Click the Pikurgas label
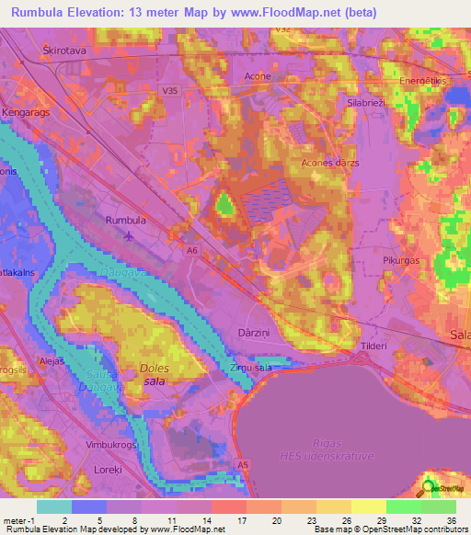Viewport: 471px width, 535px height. click(401, 260)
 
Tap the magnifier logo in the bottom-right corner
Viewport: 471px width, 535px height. click(429, 488)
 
